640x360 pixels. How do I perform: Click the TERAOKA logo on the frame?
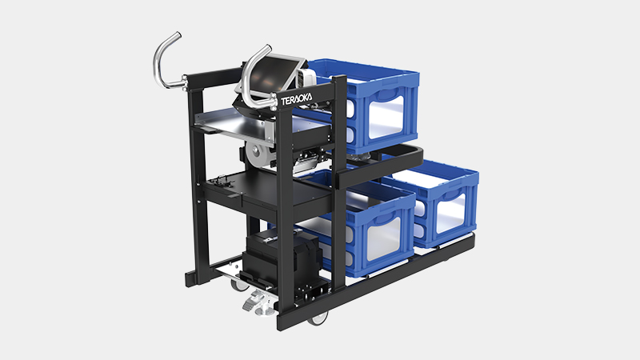point(296,98)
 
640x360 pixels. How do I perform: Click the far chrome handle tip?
point(177,36)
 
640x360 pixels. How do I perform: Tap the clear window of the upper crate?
point(386,116)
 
